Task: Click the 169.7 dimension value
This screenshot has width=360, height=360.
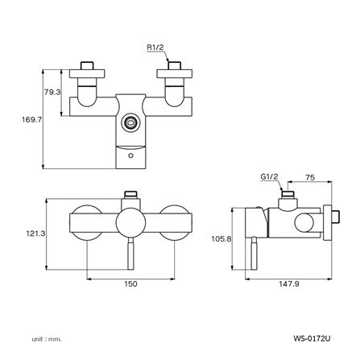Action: click(x=32, y=120)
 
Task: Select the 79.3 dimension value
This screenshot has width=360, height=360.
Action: click(x=52, y=92)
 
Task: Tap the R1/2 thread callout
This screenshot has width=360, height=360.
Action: click(x=155, y=48)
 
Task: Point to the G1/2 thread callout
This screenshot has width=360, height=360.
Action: click(x=269, y=176)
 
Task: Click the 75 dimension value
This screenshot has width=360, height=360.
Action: click(x=310, y=177)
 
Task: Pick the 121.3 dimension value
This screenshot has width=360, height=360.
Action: click(x=35, y=234)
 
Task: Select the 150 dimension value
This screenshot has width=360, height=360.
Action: click(x=130, y=283)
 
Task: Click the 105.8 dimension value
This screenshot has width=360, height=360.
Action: click(x=221, y=238)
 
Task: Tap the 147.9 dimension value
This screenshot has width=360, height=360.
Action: click(x=289, y=283)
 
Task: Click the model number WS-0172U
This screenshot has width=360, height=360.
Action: click(x=312, y=338)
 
